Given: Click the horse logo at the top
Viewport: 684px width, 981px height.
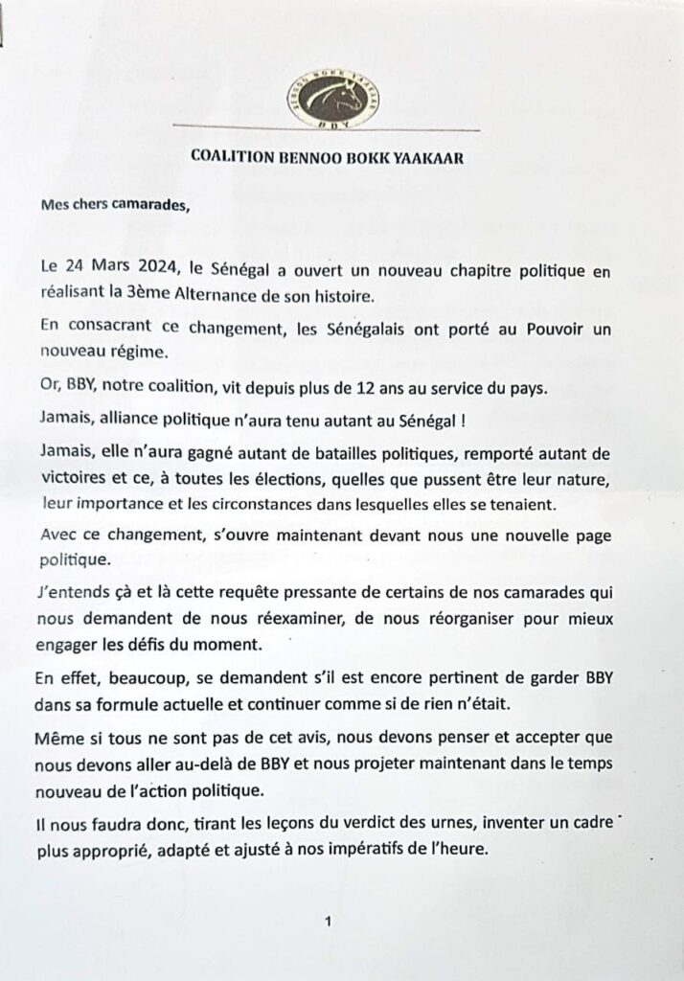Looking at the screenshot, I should pyautogui.click(x=327, y=99).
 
